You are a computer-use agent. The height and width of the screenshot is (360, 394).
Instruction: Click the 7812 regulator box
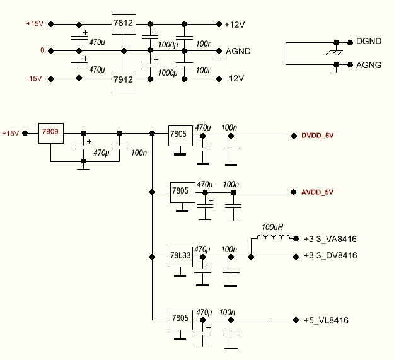(x=124, y=24)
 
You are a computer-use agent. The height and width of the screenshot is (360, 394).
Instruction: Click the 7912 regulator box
(x=124, y=80)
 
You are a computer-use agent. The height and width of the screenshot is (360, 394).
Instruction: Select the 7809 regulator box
(x=50, y=133)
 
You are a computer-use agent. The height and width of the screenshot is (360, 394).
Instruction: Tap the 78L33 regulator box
(x=180, y=257)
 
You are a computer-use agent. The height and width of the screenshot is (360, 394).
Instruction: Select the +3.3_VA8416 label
(x=330, y=239)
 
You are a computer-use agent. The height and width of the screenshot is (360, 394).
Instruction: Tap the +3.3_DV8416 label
(x=330, y=256)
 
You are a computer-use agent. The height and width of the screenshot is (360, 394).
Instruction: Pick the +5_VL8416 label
(x=326, y=320)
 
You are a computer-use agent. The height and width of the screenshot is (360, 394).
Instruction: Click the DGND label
(x=369, y=42)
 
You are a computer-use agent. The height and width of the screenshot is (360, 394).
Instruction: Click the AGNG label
(x=369, y=64)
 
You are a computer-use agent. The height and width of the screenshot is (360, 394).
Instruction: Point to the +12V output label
(x=235, y=25)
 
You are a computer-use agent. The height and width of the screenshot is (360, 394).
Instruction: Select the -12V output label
(x=235, y=79)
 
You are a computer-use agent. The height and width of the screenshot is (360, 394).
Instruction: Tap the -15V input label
(x=35, y=79)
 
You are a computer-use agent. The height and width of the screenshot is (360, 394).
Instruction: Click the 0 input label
(x=42, y=50)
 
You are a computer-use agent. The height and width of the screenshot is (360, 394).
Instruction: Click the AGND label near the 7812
(x=238, y=51)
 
